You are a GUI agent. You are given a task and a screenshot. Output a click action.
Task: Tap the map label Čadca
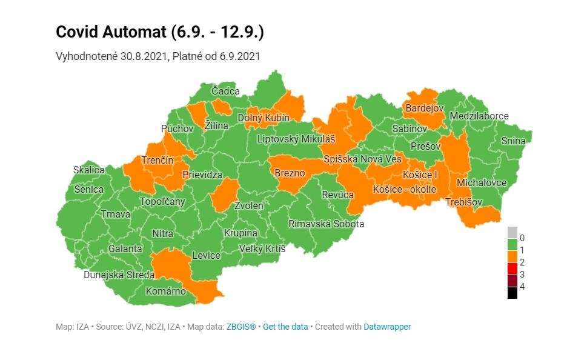[x=225, y=92]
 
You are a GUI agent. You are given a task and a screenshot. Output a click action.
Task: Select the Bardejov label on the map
[x=424, y=108]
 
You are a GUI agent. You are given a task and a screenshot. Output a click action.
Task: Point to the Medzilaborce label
[x=479, y=116]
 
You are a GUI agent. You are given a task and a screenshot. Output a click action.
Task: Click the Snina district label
[x=513, y=141]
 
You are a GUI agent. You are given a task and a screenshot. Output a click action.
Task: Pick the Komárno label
[x=165, y=291]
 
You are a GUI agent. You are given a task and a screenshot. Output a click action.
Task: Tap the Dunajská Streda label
[x=119, y=275]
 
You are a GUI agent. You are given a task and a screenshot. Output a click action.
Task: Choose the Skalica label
[x=88, y=170]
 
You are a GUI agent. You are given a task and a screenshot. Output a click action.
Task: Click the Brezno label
[x=290, y=173]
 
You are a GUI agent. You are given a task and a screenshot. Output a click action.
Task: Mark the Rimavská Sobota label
[x=326, y=224]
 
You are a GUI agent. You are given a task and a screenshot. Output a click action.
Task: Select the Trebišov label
[x=464, y=202]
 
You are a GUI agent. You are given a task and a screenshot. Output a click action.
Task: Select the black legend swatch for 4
[x=512, y=293]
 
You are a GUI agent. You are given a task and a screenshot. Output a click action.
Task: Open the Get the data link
[x=285, y=327]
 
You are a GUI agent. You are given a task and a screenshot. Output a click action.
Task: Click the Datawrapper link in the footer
[x=387, y=327]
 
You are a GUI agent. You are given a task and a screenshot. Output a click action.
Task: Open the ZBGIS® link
[x=241, y=327]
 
